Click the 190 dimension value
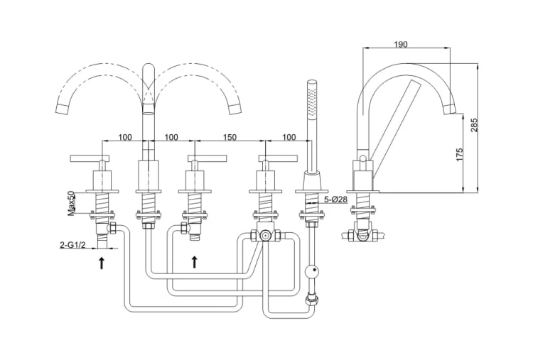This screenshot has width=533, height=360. click(x=401, y=45)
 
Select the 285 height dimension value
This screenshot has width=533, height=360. click(x=475, y=125)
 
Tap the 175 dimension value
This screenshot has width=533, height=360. click(x=459, y=155)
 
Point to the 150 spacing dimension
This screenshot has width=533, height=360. click(x=230, y=137)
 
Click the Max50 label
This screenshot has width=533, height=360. click(x=70, y=203)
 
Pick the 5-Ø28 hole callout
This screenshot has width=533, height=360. click(x=335, y=200)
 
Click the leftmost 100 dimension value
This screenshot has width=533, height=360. click(x=125, y=137)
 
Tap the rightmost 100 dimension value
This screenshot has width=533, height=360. click(x=289, y=137)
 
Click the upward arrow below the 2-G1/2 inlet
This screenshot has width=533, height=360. click(x=102, y=263)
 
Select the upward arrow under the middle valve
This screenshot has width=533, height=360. click(x=194, y=262)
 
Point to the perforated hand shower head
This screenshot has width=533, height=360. click(x=312, y=99)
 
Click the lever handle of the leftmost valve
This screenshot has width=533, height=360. click(x=90, y=158)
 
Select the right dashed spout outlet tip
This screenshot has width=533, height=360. click(x=235, y=109)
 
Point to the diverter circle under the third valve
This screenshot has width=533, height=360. click(x=264, y=235)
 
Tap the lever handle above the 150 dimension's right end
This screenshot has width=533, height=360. click(x=278, y=158)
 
